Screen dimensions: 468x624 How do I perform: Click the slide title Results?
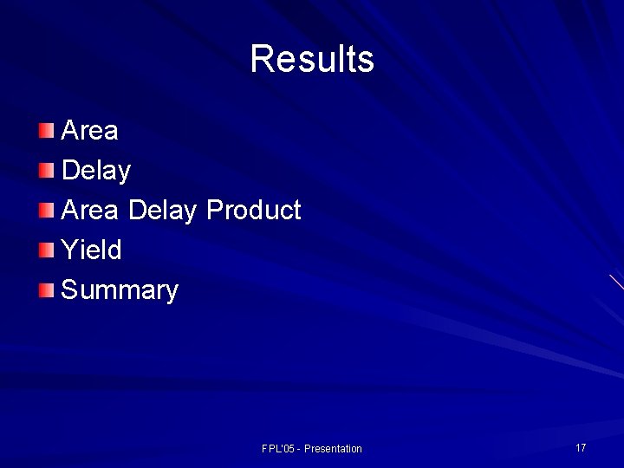coord(312,59)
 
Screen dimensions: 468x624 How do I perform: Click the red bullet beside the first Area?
coord(46,131)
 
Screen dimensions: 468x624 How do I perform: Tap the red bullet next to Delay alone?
coord(46,171)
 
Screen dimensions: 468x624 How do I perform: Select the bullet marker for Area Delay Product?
coord(46,211)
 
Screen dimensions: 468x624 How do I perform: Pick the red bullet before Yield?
coord(46,250)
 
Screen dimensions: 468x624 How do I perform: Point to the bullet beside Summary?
coord(46,290)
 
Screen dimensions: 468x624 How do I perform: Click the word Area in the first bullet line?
coord(90,131)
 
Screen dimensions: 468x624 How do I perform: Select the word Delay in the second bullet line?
coord(96,171)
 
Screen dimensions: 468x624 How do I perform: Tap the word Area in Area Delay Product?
coord(90,211)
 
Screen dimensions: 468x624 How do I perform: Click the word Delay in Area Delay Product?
coord(162,211)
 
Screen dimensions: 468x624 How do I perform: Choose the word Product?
coord(253,211)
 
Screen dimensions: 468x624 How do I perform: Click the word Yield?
coord(92,250)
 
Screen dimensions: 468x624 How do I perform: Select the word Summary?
coord(120,290)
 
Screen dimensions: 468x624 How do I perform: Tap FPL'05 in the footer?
coord(278,449)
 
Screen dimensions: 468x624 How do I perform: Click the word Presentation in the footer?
coord(333,449)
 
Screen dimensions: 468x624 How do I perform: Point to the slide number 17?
coord(581,448)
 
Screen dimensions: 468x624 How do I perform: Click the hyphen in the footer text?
coord(300,449)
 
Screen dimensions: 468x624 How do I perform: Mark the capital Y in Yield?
coord(68,250)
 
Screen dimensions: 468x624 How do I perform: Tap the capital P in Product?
coord(214,211)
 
